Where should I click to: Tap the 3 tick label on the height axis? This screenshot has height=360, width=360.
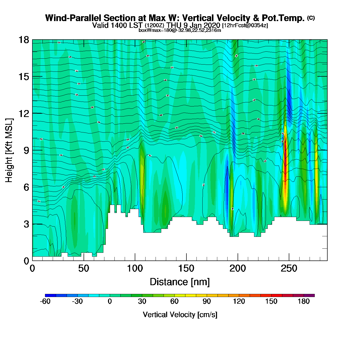coord(26,224)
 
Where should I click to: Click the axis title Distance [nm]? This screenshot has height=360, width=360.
coord(180,282)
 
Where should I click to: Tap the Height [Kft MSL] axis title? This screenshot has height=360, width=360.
coord(9,150)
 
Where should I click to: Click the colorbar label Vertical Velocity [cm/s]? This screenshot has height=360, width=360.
coord(180,315)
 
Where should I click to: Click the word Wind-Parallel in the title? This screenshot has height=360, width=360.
coord(74,18)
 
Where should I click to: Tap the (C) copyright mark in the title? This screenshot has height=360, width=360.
coord(311,18)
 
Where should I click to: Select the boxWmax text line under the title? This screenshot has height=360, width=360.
coord(180,30)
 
